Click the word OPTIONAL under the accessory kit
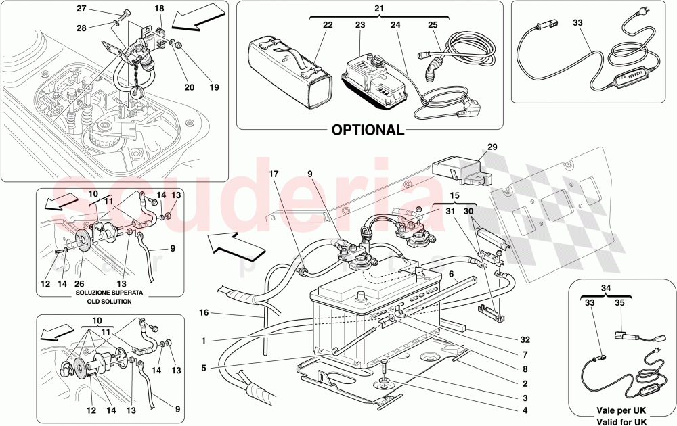point(368,129)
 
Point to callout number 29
point(492,147)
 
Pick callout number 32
point(525,340)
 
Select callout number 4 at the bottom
point(526,409)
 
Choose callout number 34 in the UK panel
point(607,288)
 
